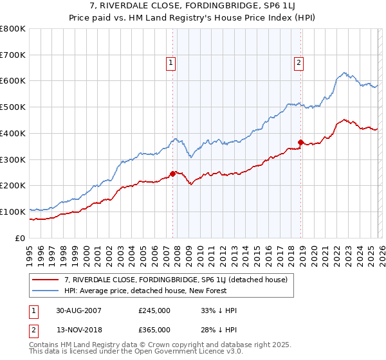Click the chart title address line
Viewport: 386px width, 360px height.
(193, 7)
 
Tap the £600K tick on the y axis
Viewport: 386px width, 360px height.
(13, 81)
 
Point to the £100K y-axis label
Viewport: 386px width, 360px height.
(13, 212)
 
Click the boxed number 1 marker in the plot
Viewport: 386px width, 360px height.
(171, 62)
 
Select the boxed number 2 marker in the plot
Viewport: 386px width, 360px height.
(300, 62)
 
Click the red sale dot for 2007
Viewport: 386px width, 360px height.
(173, 174)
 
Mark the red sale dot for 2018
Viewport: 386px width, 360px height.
(300, 142)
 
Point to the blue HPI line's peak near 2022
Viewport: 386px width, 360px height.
(345, 73)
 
